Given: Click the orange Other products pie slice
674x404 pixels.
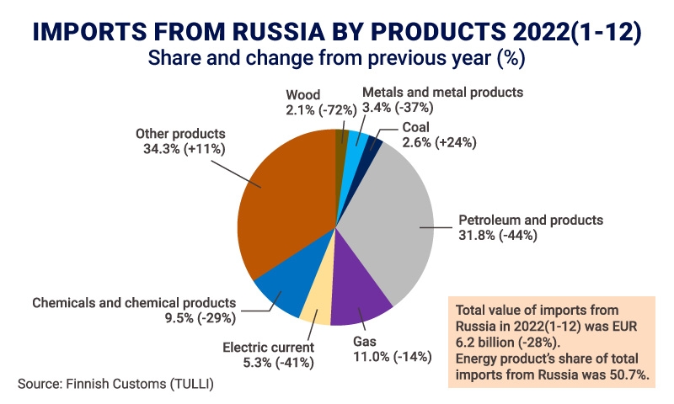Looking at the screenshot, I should pos(282,202).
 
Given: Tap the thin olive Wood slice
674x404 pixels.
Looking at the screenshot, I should pos(341,143).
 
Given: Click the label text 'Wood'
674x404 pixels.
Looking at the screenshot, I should pos(303,94).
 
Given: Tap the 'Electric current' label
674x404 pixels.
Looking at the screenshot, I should pos(268,347).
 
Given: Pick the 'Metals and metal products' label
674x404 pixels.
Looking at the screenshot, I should pos(442,92).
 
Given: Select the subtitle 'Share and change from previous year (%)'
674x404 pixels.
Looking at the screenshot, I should pos(336,61).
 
